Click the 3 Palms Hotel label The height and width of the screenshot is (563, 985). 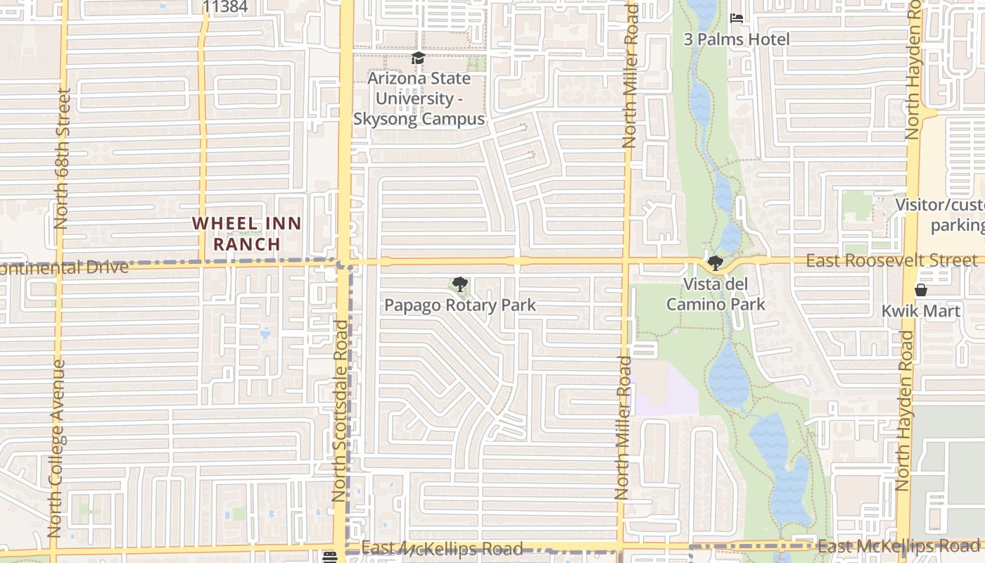737,39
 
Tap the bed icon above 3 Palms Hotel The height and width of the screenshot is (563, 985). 737,18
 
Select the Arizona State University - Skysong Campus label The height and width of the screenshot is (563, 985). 419,99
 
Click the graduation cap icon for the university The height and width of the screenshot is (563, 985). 418,58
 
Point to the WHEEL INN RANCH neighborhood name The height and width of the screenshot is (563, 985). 247,234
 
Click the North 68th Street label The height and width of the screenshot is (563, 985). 61,158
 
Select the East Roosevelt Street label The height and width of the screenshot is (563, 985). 891,260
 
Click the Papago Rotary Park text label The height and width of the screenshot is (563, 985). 459,305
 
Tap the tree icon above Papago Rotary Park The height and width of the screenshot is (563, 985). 459,284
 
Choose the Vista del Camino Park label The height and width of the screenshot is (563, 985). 716,294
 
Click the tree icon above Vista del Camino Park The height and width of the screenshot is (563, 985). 716,264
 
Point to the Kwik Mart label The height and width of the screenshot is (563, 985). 920,311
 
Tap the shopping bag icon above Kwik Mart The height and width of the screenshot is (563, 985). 920,289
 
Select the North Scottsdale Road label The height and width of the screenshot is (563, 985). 340,411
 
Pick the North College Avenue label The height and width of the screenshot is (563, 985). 56,449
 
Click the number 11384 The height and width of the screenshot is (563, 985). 225,7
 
